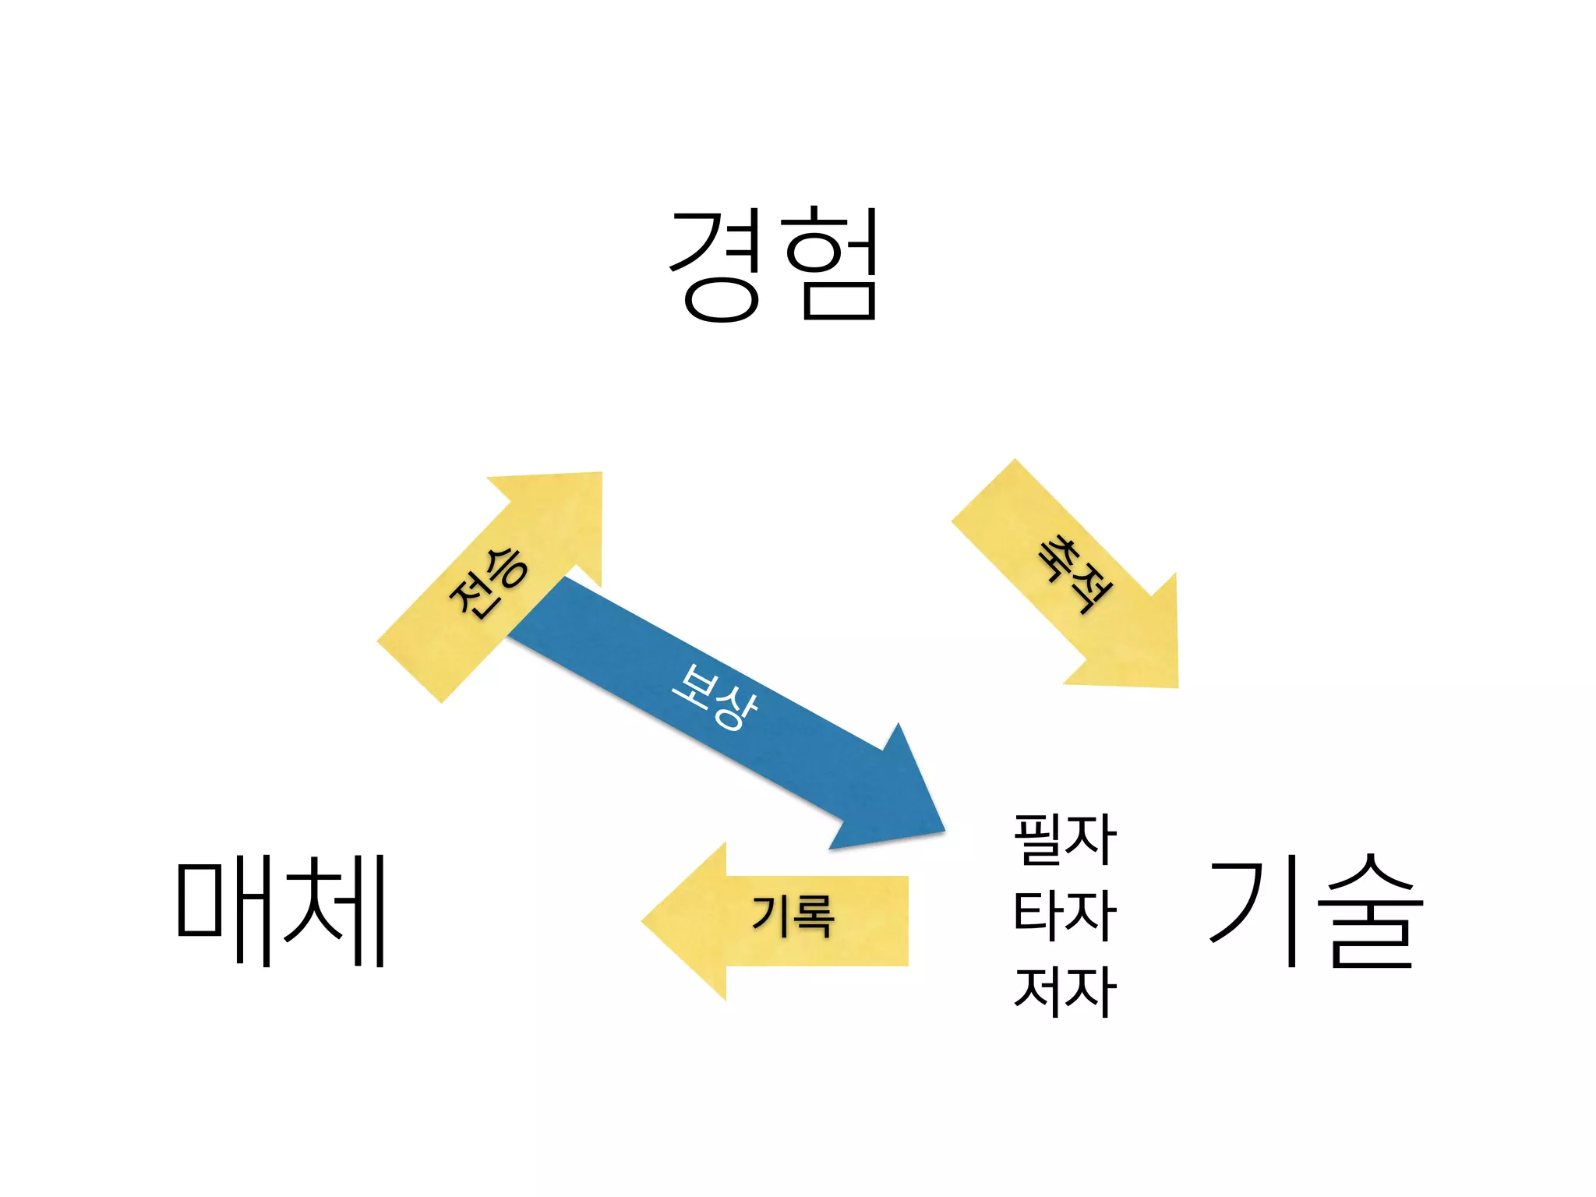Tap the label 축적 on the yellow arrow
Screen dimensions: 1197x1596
point(1074,574)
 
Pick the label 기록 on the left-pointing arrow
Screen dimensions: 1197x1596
point(793,916)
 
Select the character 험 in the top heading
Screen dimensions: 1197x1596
point(831,265)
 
